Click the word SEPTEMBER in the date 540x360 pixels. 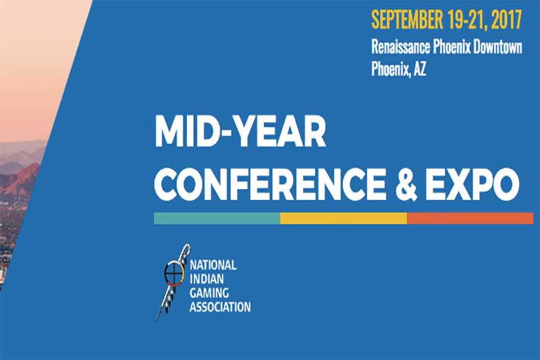click(407, 20)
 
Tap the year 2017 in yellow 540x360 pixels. click(507, 20)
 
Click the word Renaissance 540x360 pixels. click(400, 47)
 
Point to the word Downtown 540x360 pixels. click(497, 47)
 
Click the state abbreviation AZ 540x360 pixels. click(420, 69)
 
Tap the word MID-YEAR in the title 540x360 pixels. click(240, 132)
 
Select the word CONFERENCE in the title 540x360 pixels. click(271, 183)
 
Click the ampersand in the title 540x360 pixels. click(406, 183)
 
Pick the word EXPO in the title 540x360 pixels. click(473, 183)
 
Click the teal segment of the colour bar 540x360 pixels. click(217, 218)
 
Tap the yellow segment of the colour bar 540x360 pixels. click(344, 218)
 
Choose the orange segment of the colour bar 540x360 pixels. click(470, 218)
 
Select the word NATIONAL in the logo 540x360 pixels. click(213, 265)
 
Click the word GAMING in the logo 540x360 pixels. click(209, 293)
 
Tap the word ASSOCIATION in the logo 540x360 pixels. click(220, 307)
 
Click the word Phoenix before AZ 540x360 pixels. click(391, 69)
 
